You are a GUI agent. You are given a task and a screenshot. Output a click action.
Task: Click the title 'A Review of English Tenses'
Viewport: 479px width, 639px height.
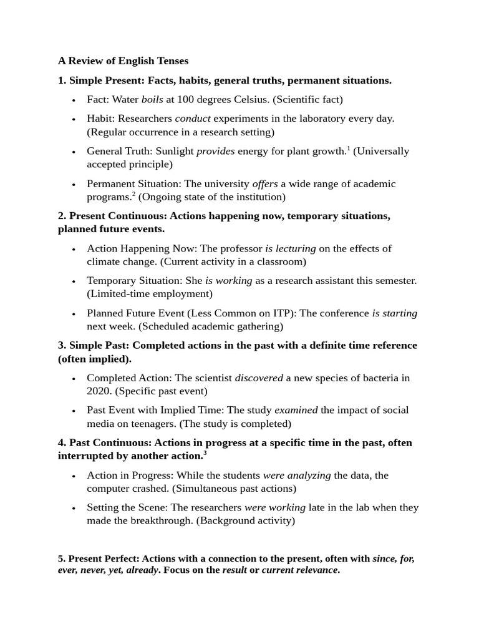coord(123,61)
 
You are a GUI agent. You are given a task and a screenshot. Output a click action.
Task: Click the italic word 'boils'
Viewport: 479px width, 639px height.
coord(153,99)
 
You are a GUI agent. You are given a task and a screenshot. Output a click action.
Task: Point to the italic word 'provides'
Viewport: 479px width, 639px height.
coord(216,151)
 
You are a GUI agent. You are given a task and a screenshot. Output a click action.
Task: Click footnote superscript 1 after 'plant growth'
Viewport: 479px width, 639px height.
coord(349,149)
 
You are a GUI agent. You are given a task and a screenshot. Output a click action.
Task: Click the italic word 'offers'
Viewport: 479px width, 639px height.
coord(265,183)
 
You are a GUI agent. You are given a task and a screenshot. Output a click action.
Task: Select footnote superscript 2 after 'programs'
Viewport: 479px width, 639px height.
coord(133,194)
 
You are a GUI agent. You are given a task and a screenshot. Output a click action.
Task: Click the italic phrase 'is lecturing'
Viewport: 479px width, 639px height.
coord(291,248)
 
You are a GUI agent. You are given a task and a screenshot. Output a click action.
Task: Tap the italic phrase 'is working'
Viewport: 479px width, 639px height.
coord(228,281)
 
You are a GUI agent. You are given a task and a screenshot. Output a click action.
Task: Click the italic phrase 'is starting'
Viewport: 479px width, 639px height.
coord(395,313)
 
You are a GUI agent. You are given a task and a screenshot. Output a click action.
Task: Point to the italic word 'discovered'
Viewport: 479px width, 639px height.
coord(259,378)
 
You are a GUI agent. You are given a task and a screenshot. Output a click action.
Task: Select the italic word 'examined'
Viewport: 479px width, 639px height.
coord(296,411)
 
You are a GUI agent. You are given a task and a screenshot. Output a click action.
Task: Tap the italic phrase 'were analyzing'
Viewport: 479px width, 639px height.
coord(297,476)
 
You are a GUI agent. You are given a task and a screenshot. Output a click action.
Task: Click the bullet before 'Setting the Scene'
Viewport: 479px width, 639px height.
coord(74,509)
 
